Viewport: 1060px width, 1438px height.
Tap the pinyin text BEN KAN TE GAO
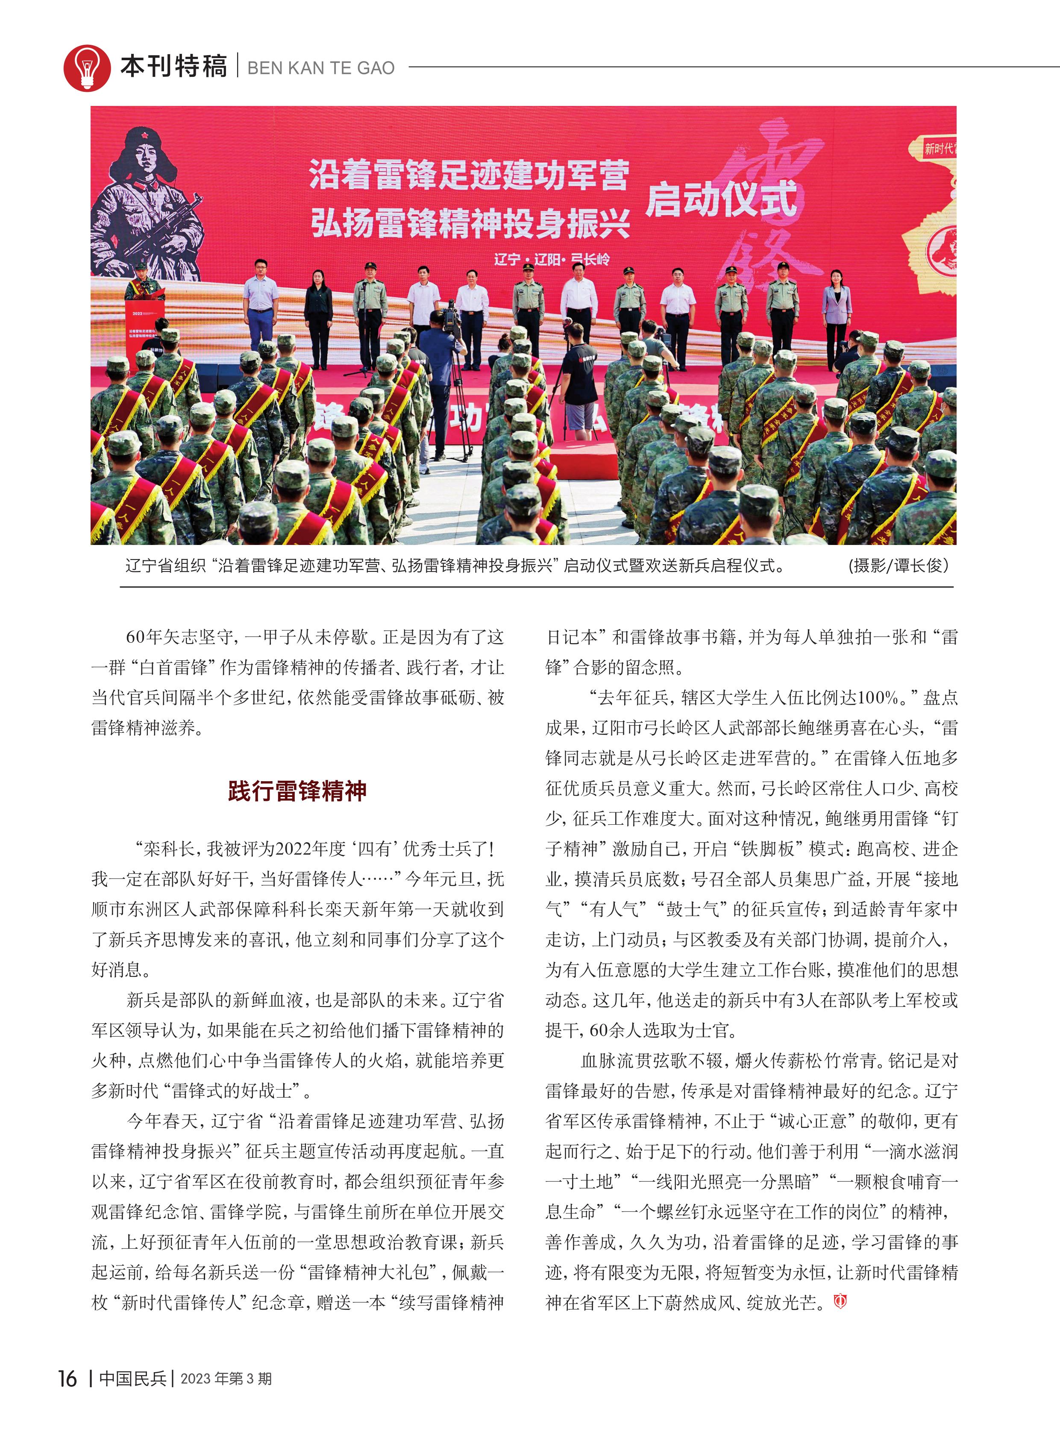321,68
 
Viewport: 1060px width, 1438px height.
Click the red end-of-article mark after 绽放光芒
840,1301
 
